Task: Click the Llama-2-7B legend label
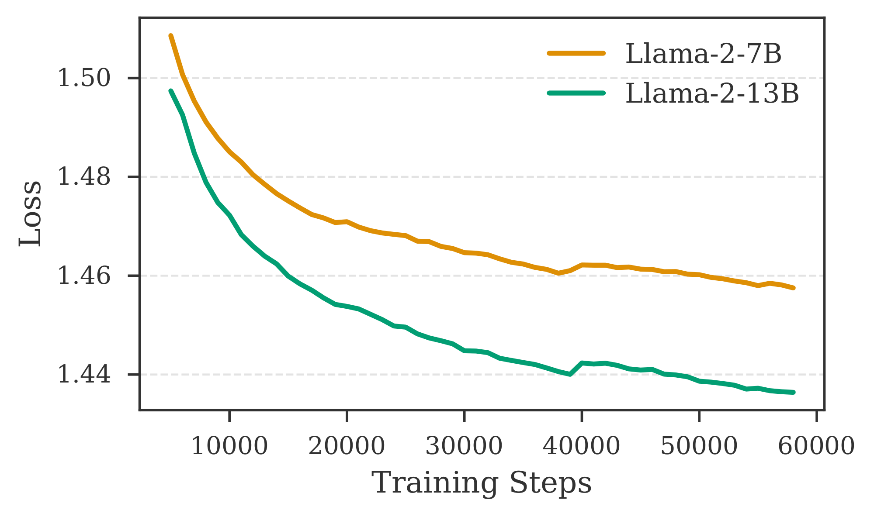tap(703, 54)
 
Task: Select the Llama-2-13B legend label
tap(712, 93)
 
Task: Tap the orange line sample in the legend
tap(576, 53)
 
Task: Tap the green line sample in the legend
tap(576, 93)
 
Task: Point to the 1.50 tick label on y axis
tap(84, 79)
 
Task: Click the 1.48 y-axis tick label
tap(84, 177)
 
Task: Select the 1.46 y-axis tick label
tap(84, 276)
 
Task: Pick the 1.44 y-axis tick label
tap(84, 375)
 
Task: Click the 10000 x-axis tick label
tap(229, 446)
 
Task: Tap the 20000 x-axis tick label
tap(347, 446)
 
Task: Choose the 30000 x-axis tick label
tap(464, 446)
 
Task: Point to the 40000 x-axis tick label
tap(581, 446)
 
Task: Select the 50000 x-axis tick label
tap(699, 446)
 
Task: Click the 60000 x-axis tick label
tap(816, 446)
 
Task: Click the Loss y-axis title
tap(31, 214)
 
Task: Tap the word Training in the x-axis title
tap(434, 483)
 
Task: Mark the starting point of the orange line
tap(170, 36)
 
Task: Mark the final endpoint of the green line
tap(794, 393)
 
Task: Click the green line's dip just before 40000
tap(570, 374)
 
